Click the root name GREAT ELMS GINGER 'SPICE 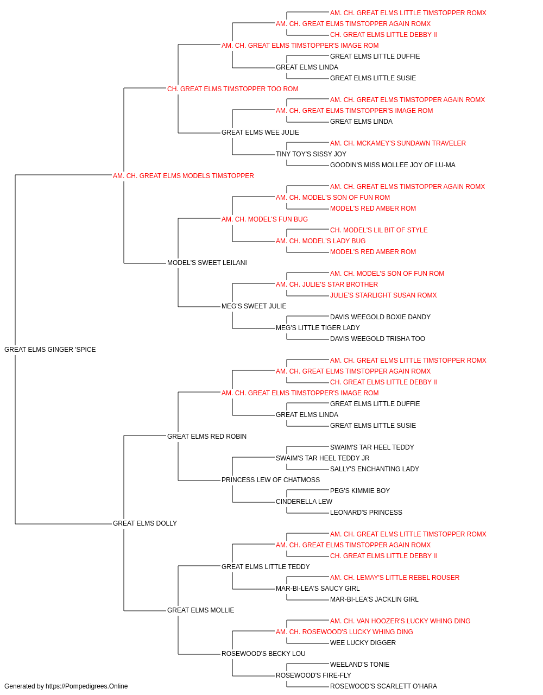tap(50, 349)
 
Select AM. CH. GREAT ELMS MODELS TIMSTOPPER tap(183, 175)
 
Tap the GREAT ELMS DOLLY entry tap(145, 523)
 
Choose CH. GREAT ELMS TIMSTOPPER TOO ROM tap(232, 89)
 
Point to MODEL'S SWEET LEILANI tap(207, 263)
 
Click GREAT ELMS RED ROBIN tap(206, 436)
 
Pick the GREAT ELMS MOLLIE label tap(200, 610)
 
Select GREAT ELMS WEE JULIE tap(260, 132)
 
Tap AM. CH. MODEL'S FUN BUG tap(264, 219)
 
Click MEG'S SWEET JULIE tap(254, 306)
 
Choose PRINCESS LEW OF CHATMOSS tap(270, 480)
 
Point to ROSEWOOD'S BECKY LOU tap(263, 653)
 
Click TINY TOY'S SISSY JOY tap(311, 154)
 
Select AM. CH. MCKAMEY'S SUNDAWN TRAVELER tap(398, 143)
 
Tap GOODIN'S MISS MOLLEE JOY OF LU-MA tap(393, 165)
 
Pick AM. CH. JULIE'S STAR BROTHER tap(326, 285)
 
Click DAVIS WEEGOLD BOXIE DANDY tap(380, 317)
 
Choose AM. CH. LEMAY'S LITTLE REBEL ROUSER tap(395, 577)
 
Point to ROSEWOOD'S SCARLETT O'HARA tap(383, 686)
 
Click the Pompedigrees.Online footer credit tap(66, 686)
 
